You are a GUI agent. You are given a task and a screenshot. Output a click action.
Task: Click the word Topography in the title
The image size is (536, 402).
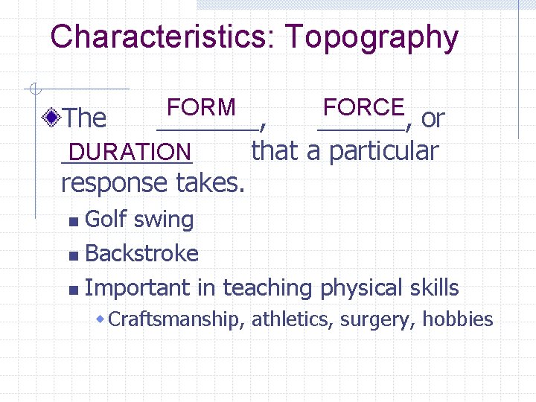click(x=371, y=37)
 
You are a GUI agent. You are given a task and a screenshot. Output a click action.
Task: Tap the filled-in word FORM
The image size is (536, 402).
click(x=201, y=107)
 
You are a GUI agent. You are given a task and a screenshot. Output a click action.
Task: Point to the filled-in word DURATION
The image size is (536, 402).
click(x=127, y=152)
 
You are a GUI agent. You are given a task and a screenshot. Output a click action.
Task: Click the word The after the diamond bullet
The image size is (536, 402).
click(x=85, y=118)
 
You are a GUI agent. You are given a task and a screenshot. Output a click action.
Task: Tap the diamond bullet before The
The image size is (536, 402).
click(x=52, y=117)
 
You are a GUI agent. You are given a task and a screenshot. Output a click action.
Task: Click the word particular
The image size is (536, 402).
click(x=383, y=151)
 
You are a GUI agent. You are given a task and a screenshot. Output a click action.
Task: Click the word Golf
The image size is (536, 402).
click(x=105, y=220)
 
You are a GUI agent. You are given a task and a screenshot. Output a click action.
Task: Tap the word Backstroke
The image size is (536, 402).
click(x=142, y=254)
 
